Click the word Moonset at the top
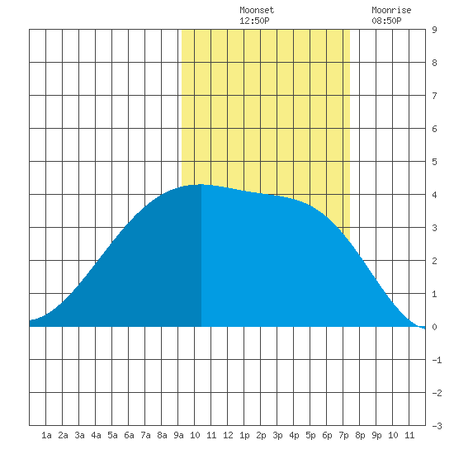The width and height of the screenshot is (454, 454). coord(257,10)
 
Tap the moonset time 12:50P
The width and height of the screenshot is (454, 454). coord(254,21)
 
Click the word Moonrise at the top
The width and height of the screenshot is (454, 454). coord(391,10)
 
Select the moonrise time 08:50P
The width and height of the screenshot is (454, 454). coord(386,21)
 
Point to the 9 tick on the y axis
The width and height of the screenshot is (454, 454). coord(434,30)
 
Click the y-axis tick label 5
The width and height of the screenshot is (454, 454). coord(434,162)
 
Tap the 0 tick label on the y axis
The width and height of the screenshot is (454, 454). coord(434,327)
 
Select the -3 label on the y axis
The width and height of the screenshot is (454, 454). coord(437,426)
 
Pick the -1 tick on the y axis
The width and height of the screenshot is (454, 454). coord(437,360)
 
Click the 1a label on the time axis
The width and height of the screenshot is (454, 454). coord(46,435)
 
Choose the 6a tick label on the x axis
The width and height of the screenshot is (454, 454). coord(129,435)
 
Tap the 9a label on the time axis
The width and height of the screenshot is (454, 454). coord(178,435)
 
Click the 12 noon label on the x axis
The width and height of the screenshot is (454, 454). coord(228,435)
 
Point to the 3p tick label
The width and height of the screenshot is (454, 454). coord(277,435)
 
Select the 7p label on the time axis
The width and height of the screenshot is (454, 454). coord(343,435)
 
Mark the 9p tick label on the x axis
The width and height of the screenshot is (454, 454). coord(376,435)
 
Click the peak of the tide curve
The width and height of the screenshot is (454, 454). coord(201,184)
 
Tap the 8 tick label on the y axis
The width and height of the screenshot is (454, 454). coord(434,63)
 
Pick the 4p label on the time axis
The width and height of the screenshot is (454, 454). coord(294,435)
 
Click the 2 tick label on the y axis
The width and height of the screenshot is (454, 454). coord(434,261)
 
